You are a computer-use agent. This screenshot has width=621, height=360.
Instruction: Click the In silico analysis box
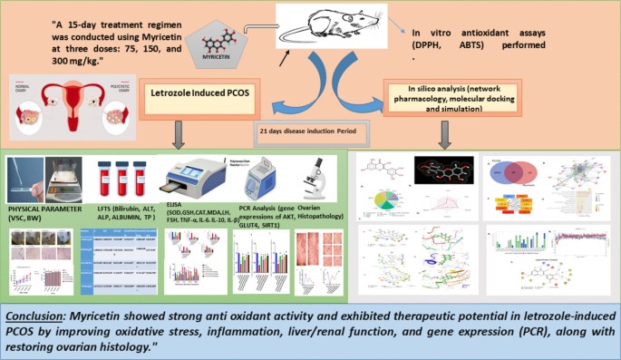pos(450,93)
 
